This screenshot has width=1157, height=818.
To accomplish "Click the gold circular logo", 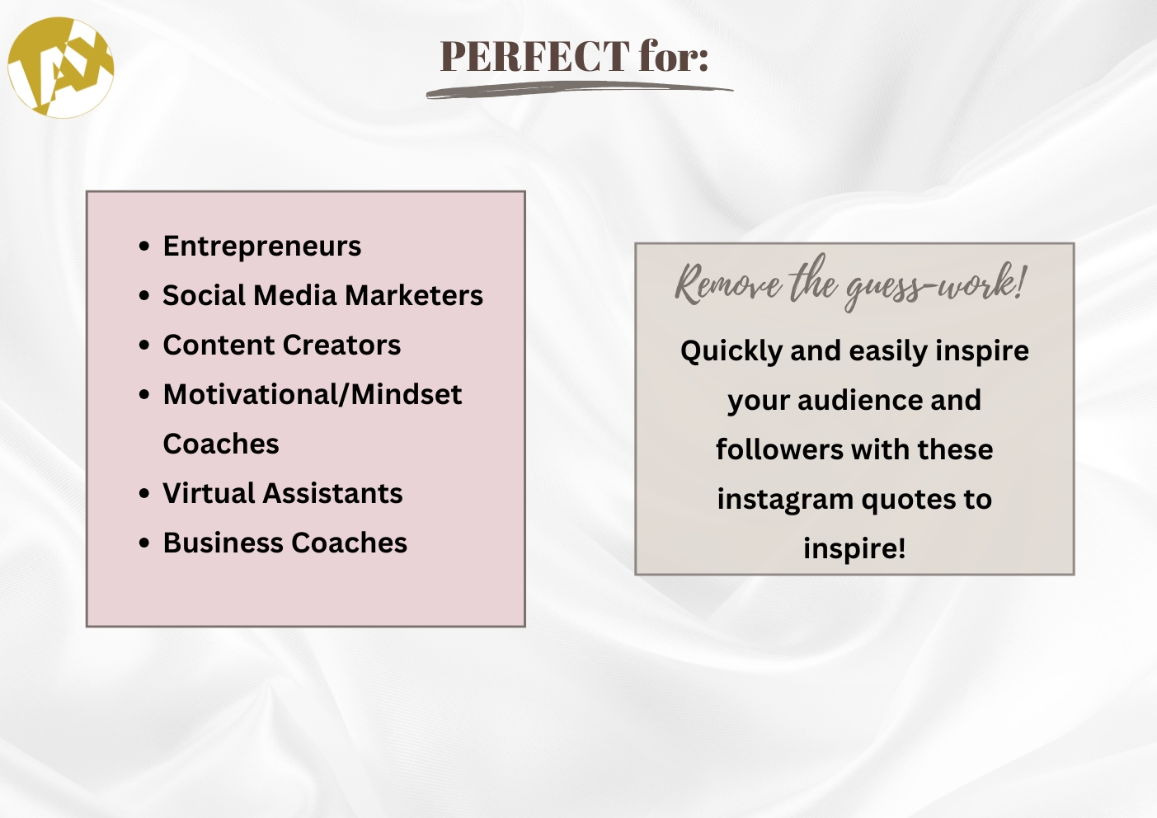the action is [x=60, y=68].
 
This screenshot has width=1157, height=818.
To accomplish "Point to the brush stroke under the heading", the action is [x=580, y=90].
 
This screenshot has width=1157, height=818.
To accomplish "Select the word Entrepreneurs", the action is [x=262, y=247].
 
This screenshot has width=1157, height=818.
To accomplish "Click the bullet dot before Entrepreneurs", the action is [x=144, y=247].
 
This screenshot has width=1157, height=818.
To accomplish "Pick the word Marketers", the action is [x=414, y=295].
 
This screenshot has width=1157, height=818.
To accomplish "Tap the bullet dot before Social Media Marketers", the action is [x=144, y=296].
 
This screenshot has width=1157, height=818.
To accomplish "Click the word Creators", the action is [x=341, y=345].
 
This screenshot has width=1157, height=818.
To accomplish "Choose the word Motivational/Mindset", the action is [x=313, y=394].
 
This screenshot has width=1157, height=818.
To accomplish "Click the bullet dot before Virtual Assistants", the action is [x=144, y=494].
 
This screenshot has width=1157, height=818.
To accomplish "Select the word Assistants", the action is [x=332, y=493].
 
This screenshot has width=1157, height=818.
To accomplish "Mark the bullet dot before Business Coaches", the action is [x=144, y=543].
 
